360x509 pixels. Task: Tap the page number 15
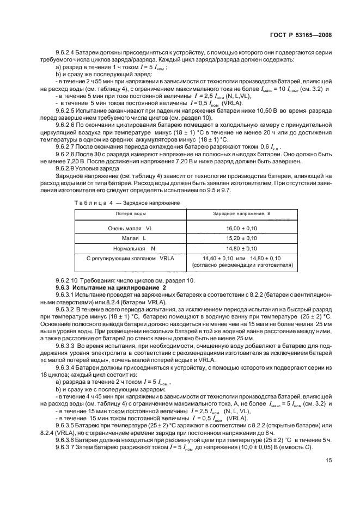point(328,475)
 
